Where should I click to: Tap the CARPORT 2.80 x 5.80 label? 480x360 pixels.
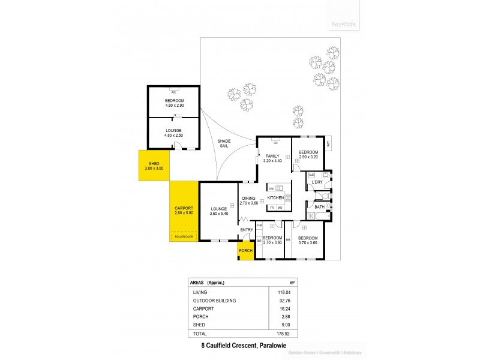click(185, 211)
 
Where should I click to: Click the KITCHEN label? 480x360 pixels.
click(275, 197)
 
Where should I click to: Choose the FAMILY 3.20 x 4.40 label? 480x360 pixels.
click(274, 158)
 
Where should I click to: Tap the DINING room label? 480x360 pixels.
click(249, 201)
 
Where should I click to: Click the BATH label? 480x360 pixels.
click(319, 207)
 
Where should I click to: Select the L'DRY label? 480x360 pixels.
click(317, 182)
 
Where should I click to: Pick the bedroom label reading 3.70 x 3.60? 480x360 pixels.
click(310, 240)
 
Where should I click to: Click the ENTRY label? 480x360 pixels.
click(247, 230)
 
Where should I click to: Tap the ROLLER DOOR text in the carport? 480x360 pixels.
click(184, 237)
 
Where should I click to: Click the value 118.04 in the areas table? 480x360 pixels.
click(283, 292)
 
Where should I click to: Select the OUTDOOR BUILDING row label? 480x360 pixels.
click(214, 301)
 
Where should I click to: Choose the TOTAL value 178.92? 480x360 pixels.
click(283, 333)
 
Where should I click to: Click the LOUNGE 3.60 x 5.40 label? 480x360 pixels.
click(218, 211)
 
